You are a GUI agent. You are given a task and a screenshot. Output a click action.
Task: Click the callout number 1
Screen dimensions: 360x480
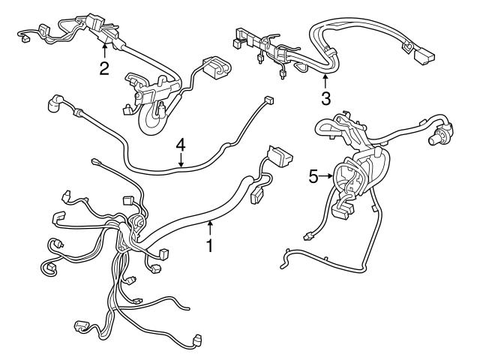coord(211,244)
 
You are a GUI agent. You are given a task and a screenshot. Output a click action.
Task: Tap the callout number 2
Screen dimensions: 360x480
coord(104,69)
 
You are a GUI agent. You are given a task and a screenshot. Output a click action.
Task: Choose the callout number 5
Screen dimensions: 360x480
coord(314,176)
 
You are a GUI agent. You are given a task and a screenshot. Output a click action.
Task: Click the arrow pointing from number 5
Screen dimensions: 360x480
coord(328,176)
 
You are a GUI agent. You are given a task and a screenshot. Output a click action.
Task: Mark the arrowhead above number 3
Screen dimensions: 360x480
coord(325,76)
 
